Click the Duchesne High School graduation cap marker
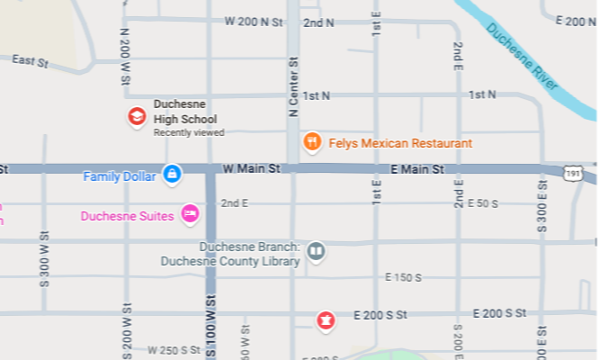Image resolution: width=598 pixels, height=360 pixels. point(136,116)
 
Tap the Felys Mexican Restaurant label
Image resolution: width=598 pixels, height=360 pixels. point(400,143)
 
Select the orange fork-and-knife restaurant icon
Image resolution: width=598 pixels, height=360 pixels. point(312,141)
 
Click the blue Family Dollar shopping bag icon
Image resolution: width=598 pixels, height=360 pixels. point(172,173)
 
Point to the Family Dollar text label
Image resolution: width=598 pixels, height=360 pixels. point(120,176)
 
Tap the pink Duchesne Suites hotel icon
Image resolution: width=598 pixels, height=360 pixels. point(190,213)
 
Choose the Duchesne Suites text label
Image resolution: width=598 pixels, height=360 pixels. point(127,216)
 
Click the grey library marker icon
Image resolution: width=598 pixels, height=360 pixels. point(316,251)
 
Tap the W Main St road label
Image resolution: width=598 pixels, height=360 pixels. point(252,168)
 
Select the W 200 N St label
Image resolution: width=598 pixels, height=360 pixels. point(255,20)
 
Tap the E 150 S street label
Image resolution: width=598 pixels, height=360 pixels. point(403,277)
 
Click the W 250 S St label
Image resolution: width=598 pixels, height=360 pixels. point(174,350)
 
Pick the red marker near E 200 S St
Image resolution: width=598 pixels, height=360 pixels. point(325,319)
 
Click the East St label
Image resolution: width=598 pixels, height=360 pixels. point(30,60)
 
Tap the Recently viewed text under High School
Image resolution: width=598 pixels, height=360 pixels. point(189,132)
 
